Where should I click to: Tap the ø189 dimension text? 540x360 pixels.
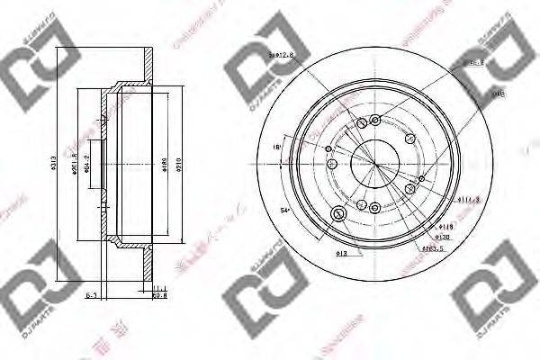pos(165,160)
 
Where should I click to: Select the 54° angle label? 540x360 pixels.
pos(285,209)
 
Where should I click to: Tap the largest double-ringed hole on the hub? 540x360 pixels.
pos(339,214)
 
